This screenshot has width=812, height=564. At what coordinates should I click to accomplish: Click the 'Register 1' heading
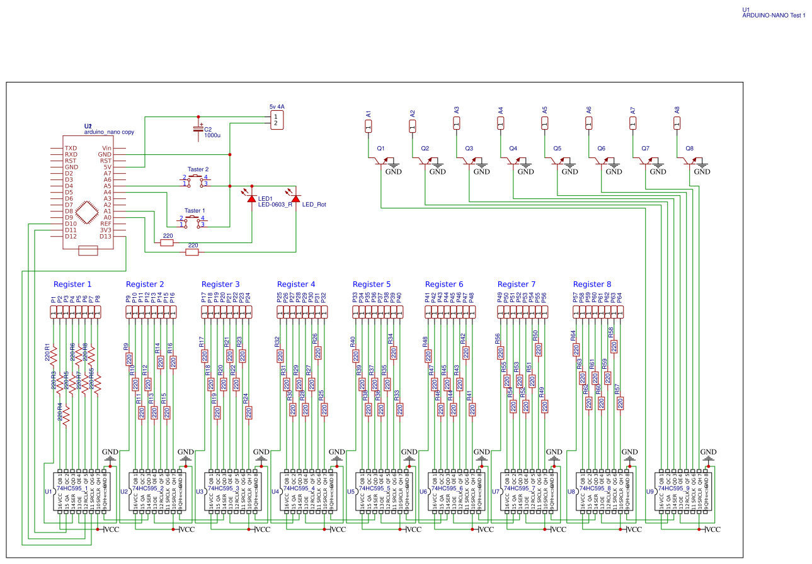[72, 285]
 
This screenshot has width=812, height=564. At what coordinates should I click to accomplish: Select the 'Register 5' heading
[372, 285]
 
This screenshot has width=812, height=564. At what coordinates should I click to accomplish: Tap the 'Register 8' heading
[592, 285]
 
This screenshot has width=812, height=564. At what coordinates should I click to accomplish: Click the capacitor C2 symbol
[198, 130]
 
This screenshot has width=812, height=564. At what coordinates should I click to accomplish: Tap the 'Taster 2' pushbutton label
[198, 169]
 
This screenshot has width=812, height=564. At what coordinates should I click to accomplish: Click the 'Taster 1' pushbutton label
[194, 211]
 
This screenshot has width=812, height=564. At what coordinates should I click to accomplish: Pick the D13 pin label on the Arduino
[105, 236]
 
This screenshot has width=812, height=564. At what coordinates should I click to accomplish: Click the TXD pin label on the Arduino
[71, 148]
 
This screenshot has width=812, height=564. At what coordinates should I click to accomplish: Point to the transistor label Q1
[380, 149]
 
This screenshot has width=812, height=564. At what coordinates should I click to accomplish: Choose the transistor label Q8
[689, 149]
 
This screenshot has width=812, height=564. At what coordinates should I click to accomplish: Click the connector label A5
[544, 110]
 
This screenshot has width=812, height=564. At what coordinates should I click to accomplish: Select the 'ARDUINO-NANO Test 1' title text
[774, 15]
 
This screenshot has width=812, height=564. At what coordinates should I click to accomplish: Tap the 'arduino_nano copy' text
[109, 133]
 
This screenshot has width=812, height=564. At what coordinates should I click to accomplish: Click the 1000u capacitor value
[212, 135]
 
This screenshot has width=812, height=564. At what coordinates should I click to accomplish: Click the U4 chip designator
[275, 492]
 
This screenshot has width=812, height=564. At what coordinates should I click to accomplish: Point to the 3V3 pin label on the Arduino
[105, 230]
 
